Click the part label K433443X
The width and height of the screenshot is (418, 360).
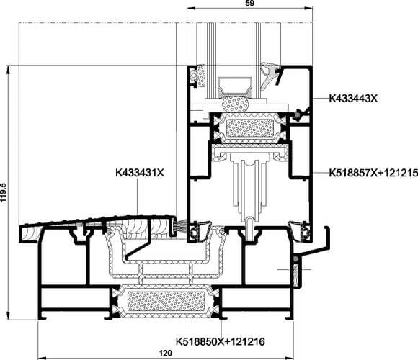[353, 99]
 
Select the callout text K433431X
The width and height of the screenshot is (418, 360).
[140, 173]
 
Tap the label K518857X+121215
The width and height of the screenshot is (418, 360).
[373, 173]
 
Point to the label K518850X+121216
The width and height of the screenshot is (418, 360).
[221, 341]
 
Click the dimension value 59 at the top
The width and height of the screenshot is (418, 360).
[249, 3]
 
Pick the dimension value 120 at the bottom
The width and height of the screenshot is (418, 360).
[166, 354]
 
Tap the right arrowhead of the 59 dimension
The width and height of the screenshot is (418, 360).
[308, 8]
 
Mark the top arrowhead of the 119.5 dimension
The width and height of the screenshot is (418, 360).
[9, 69]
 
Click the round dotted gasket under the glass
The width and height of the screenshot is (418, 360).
[235, 104]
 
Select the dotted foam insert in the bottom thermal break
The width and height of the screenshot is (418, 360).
[166, 301]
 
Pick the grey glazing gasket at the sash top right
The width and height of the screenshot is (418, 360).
[269, 75]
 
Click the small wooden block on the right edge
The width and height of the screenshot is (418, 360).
[296, 274]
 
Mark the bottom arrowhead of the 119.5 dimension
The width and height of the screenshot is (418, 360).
[9, 315]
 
